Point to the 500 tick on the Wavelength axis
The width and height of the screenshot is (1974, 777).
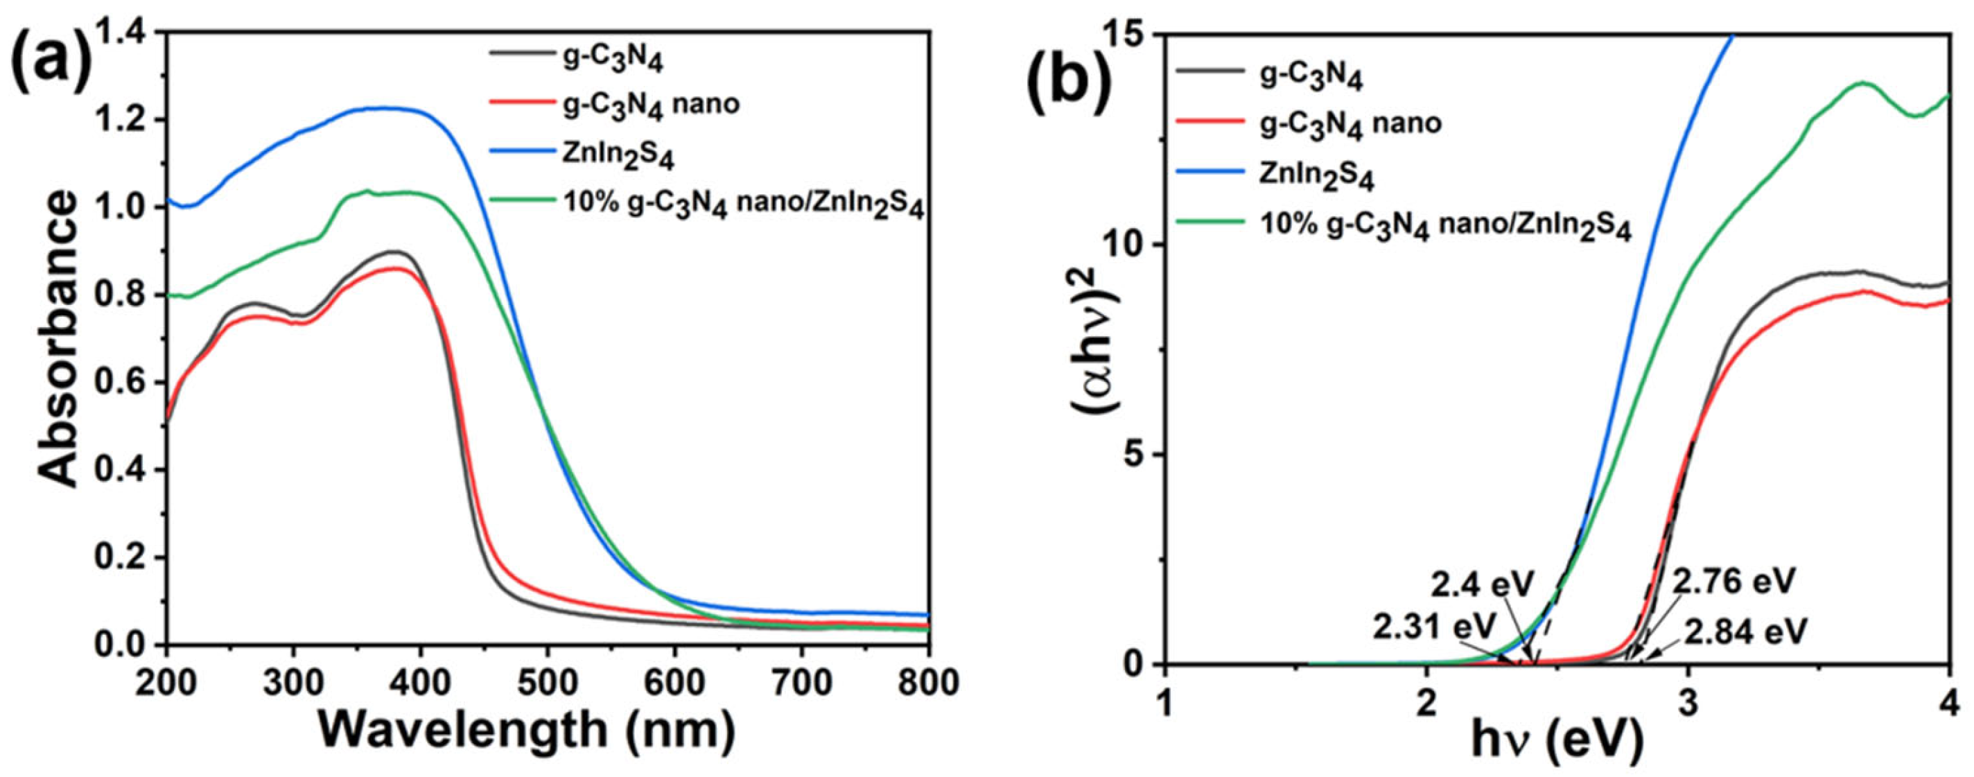tap(546, 682)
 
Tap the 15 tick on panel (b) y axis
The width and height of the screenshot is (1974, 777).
tap(1123, 34)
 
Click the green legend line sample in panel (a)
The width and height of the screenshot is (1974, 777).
tap(521, 201)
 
